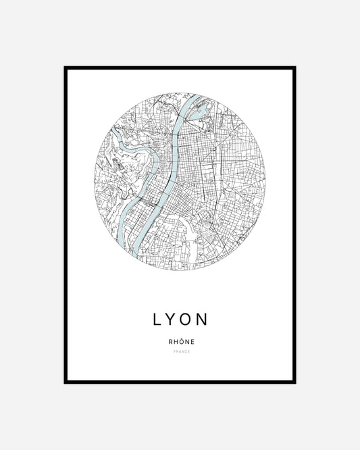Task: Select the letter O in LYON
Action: click(188, 319)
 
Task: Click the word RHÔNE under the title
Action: click(180, 341)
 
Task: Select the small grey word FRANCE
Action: click(180, 352)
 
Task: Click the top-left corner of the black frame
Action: click(66, 68)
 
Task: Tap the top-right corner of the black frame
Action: click(294, 68)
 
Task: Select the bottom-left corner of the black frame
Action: click(66, 382)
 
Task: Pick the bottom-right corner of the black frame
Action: click(294, 382)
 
